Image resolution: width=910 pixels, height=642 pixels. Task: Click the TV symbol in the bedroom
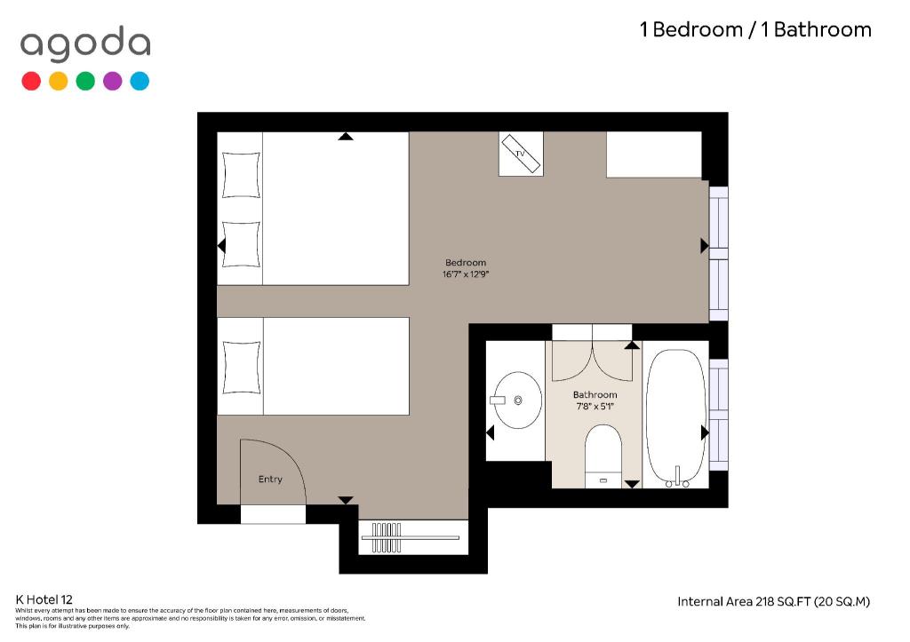pos(521,154)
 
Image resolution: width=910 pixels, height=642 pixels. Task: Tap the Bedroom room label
pos(466,263)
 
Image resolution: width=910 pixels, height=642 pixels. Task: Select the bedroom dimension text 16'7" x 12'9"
pos(466,274)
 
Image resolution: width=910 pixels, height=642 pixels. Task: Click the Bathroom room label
pos(595,395)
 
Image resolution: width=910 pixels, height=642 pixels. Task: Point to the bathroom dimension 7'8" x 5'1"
pos(595,407)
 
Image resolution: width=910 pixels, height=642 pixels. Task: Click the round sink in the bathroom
pos(516,400)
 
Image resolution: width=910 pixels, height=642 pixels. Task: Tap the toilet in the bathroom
pos(603,456)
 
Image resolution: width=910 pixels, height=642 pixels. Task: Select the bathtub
pos(676,417)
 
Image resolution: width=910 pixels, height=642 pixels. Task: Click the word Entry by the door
pos(270,479)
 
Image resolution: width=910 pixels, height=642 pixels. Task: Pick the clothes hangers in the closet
pos(387,537)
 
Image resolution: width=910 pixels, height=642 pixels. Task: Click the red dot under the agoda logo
pos(31,81)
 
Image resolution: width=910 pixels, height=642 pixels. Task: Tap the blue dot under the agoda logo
pos(140,81)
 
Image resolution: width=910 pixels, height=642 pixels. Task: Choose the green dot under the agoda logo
pos(85,81)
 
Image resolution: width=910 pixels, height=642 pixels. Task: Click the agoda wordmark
pos(85,44)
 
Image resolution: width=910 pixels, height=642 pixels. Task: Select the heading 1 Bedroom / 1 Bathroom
pos(755,29)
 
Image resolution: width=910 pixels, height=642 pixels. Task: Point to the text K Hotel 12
pos(44,599)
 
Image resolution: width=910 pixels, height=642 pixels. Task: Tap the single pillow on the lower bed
pos(242,368)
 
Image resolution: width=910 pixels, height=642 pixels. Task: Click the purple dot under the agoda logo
pos(113,81)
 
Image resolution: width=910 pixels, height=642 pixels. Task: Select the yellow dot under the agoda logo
pos(58,81)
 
